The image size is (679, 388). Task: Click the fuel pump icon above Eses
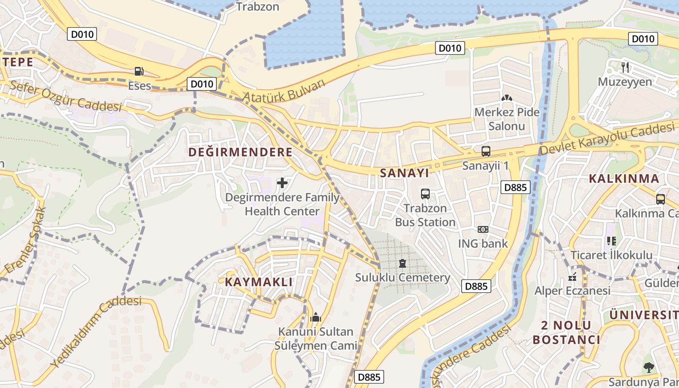tap(139, 71)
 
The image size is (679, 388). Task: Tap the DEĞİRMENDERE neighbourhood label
tap(240, 152)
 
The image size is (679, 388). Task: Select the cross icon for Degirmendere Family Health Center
tap(282, 183)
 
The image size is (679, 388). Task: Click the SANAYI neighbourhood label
tap(404, 173)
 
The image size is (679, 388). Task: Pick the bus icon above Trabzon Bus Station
tap(425, 194)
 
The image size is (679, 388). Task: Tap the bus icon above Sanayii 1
tap(485, 151)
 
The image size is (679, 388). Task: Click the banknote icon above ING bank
tap(483, 229)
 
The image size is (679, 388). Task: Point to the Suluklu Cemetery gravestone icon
tap(402, 263)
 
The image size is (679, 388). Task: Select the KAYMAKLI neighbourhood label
tap(259, 282)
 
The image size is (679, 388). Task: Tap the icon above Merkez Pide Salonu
tap(507, 98)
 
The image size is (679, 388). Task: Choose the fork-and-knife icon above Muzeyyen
tap(625, 67)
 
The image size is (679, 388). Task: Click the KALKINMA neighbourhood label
tap(624, 178)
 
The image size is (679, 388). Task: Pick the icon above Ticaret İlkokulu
tap(611, 241)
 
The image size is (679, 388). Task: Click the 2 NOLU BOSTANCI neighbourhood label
tap(566, 332)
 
